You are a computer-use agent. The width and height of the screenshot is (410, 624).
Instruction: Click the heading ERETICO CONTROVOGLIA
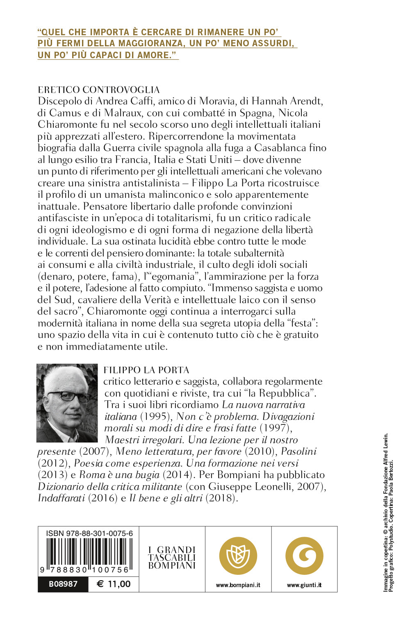pos(98,90)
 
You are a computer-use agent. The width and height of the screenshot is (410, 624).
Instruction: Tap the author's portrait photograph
pos(67,403)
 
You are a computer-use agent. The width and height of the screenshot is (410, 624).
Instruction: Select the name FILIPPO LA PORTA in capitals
pos(146,370)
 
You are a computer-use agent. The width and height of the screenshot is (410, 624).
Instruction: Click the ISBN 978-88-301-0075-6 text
pos(89,533)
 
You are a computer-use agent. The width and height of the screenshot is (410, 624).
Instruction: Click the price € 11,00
pos(114,584)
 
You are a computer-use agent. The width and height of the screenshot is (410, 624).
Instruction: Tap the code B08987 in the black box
pos(63,584)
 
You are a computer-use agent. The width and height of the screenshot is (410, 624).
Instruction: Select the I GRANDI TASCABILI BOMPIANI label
pos(172,558)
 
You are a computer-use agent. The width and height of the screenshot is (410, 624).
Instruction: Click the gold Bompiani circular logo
pos(238,556)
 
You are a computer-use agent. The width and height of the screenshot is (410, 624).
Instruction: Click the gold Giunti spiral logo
pos(304,556)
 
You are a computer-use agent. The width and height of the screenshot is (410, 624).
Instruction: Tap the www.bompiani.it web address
pos(238,585)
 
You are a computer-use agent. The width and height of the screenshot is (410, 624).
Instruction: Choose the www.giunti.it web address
pos(304,585)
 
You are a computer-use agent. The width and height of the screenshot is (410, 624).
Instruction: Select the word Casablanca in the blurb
pos(280,148)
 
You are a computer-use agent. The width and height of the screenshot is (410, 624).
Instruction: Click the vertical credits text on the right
pos(388,512)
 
